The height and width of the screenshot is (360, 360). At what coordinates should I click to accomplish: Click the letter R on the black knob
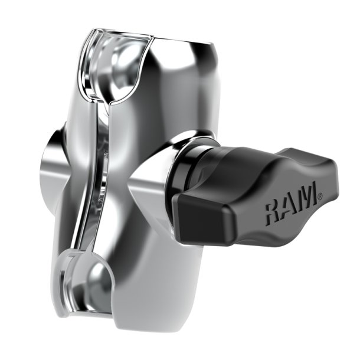pos(276,211)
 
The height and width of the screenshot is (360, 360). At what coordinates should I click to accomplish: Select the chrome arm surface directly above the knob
pos(177,100)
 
